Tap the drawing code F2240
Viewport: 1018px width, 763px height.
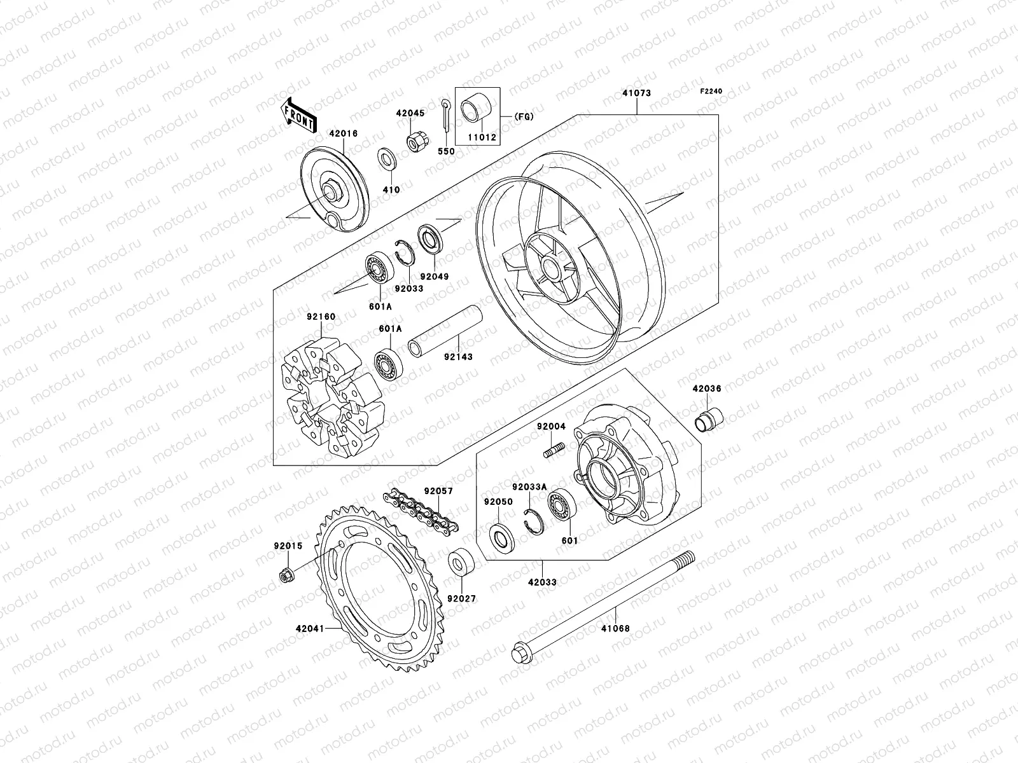712,92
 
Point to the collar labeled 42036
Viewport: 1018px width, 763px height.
706,422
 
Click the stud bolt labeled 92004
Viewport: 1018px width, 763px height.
554,449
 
